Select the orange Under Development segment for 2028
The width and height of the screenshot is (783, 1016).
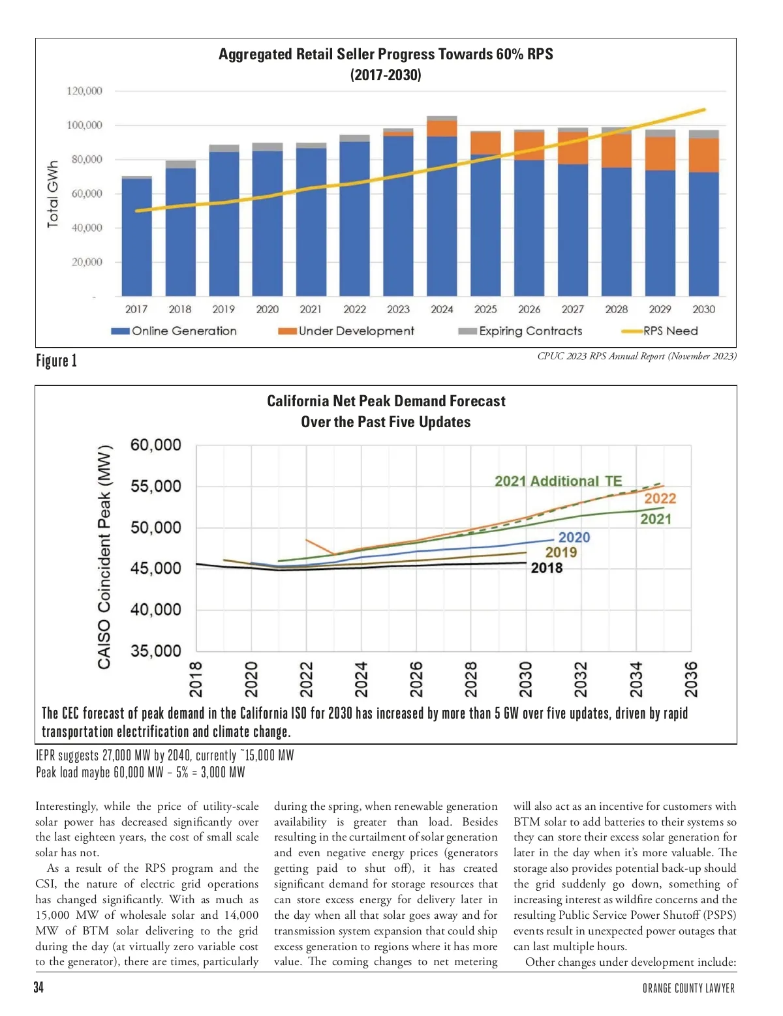click(616, 151)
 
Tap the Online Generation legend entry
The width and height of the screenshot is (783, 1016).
click(174, 331)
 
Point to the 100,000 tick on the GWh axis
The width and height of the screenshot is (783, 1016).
click(84, 125)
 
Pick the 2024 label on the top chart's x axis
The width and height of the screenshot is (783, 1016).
click(442, 310)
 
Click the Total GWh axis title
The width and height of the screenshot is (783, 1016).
click(53, 194)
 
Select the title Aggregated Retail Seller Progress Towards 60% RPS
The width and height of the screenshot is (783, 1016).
click(386, 54)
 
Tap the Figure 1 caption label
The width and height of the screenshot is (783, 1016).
click(57, 361)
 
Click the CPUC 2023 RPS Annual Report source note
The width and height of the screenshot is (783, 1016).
click(636, 356)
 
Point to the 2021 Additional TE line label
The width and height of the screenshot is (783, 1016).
click(558, 481)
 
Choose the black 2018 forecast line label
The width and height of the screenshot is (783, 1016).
click(546, 568)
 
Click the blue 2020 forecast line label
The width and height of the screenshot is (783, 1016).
click(574, 537)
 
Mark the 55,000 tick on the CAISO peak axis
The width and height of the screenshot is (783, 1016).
click(156, 486)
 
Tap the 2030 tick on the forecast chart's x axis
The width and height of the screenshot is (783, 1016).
click(526, 679)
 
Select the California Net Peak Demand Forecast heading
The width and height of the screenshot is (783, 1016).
click(386, 401)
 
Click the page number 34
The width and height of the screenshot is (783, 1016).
click(39, 987)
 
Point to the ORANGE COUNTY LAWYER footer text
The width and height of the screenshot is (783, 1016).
click(688, 989)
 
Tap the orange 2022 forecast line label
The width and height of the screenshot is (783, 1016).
click(660, 499)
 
